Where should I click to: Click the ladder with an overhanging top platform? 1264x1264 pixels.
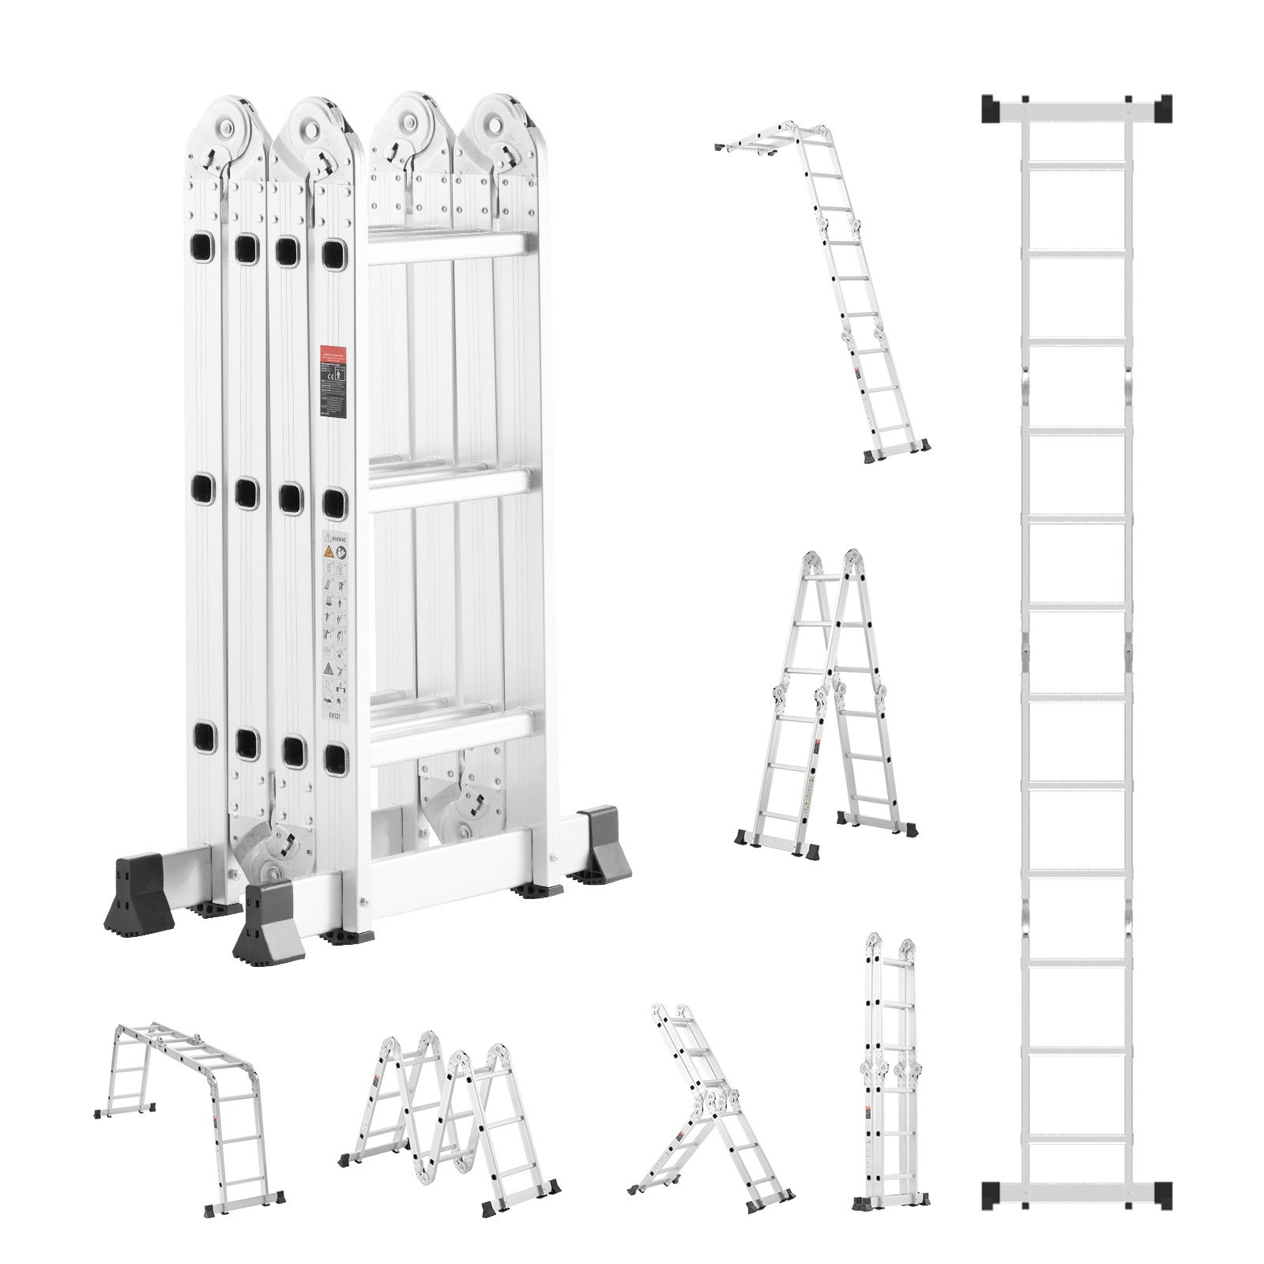click(837, 292)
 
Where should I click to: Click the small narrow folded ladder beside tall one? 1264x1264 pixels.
click(889, 1074)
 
